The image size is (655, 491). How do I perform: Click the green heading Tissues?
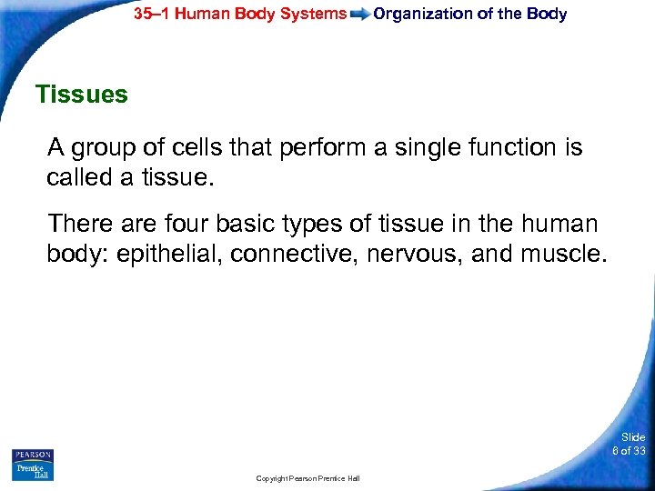pos(81,95)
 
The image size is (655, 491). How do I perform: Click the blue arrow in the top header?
pos(360,15)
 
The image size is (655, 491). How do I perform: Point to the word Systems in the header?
pos(317,14)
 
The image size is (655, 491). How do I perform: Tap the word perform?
pos(319,147)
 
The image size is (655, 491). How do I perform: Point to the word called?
pos(78,178)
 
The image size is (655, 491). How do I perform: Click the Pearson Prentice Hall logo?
pos(33,465)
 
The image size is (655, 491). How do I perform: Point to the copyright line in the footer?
pos(308,478)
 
